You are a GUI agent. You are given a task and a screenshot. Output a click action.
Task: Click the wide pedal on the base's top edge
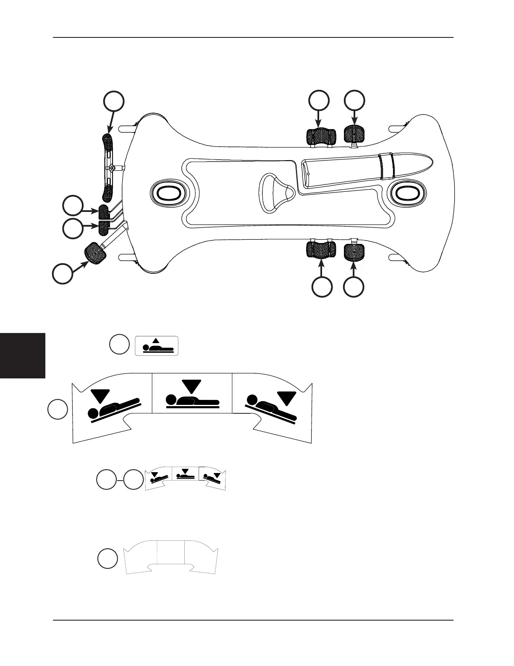321,136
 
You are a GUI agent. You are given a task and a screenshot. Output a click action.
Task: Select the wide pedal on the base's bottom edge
321,249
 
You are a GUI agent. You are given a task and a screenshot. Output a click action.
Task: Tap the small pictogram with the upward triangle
157,346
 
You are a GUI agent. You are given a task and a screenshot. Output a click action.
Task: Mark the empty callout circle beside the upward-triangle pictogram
119,344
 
